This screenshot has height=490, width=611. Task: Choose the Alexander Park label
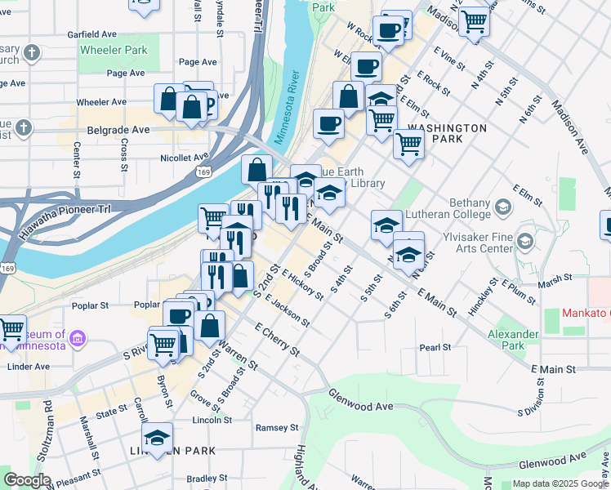(513, 340)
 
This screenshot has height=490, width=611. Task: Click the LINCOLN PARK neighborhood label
(172, 451)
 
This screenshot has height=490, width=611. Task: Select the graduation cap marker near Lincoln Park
(158, 437)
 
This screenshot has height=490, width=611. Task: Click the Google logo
(26, 480)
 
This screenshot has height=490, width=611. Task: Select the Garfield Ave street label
(92, 35)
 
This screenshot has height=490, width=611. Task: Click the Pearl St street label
(435, 348)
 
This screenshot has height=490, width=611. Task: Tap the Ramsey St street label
(277, 428)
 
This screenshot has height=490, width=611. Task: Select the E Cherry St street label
(278, 338)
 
